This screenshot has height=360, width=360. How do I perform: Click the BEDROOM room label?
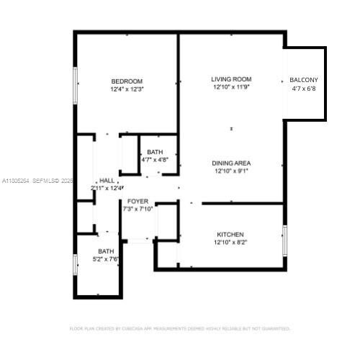click(x=127, y=81)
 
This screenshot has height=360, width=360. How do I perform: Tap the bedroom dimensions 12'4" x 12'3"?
click(x=127, y=89)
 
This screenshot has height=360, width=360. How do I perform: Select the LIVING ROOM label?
click(x=231, y=78)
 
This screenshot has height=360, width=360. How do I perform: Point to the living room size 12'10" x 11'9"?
click(x=231, y=87)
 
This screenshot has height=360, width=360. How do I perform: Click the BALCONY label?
click(x=304, y=80)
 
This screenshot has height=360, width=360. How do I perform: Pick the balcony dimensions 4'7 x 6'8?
click(x=304, y=89)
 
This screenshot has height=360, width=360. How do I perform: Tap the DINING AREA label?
click(x=231, y=163)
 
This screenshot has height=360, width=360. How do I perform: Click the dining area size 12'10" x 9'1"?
click(x=231, y=171)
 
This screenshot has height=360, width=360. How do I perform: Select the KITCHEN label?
click(x=230, y=235)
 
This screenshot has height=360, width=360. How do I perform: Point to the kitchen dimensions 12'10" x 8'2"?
click(x=230, y=243)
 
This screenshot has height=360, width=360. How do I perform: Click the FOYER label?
click(x=138, y=201)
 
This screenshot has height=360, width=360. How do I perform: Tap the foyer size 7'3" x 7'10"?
click(x=138, y=209)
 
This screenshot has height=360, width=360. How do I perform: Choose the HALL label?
click(x=107, y=180)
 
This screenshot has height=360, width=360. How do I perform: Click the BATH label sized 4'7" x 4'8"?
click(x=155, y=152)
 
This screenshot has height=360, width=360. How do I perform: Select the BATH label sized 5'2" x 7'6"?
click(x=107, y=251)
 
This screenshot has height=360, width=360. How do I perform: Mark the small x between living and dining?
click(x=231, y=129)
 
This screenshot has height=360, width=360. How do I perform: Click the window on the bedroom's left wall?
click(x=75, y=86)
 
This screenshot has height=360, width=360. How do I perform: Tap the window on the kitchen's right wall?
click(x=285, y=238)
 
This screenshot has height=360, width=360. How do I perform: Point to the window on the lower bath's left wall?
click(x=75, y=264)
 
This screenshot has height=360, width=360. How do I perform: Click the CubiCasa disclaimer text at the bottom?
click(x=179, y=328)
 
